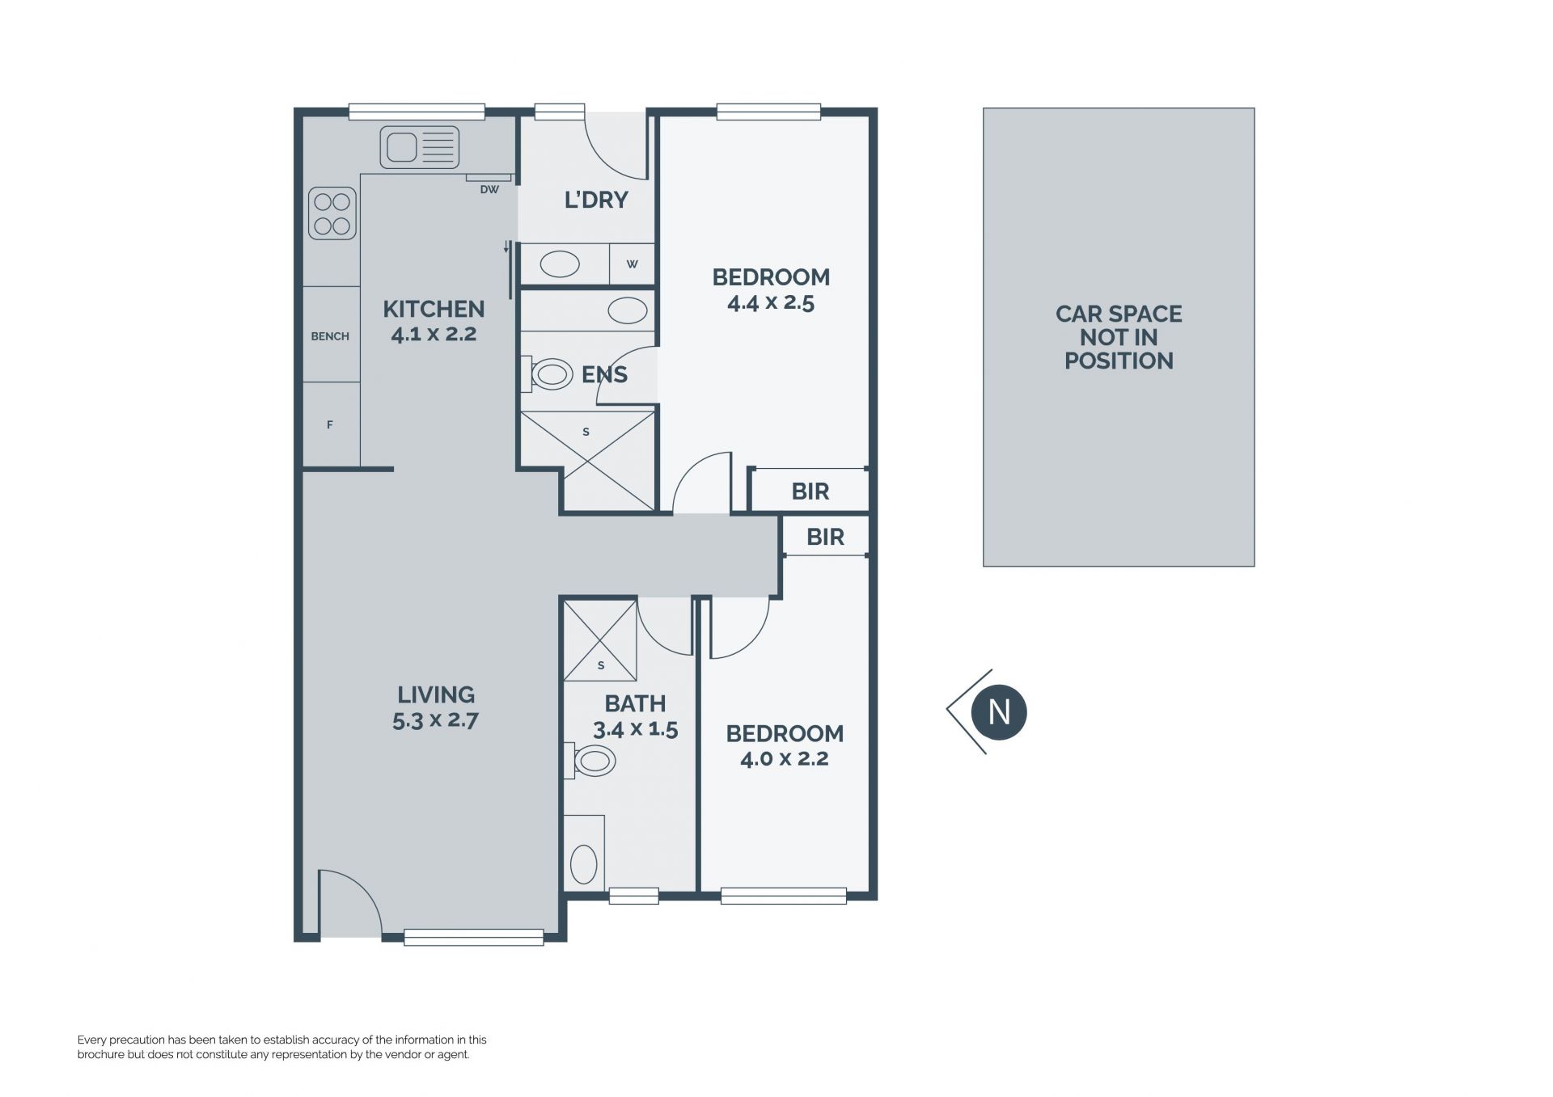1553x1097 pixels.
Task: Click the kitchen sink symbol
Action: click(x=419, y=147)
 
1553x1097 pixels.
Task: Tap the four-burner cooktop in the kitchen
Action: click(x=332, y=213)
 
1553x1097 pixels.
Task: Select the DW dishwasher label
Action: click(x=489, y=190)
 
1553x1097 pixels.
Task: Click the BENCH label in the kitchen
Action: click(x=330, y=336)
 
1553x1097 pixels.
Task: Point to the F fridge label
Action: click(x=330, y=424)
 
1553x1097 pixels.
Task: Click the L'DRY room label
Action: click(x=596, y=200)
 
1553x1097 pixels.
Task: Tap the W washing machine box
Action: click(x=632, y=264)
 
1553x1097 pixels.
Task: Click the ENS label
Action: click(x=604, y=374)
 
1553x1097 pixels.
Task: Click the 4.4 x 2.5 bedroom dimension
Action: click(x=771, y=302)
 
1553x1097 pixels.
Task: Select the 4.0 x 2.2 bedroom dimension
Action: click(x=785, y=758)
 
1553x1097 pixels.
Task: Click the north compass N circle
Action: click(x=1000, y=712)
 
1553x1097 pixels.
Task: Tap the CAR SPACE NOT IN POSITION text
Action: click(x=1119, y=337)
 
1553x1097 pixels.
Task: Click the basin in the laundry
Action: click(x=559, y=264)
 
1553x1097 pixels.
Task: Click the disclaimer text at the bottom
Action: click(x=282, y=1047)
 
